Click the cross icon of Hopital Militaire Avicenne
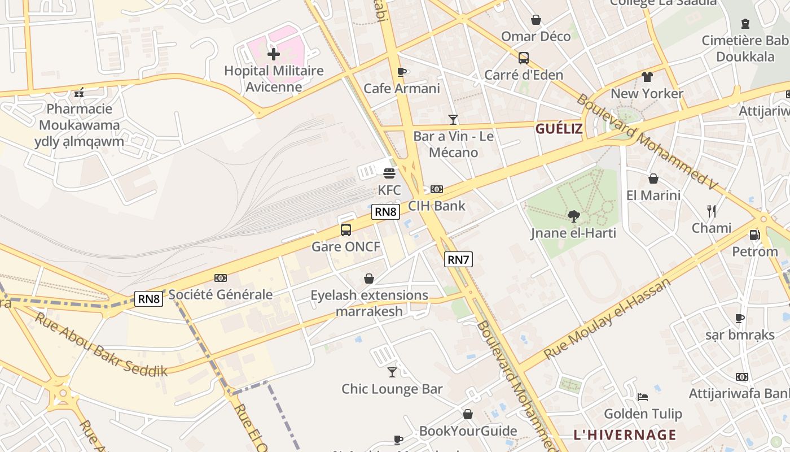pyautogui.click(x=274, y=54)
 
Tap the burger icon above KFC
pyautogui.click(x=389, y=173)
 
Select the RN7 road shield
pyautogui.click(x=458, y=259)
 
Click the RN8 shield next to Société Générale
pyautogui.click(x=149, y=299)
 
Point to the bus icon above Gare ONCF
pyautogui.click(x=346, y=230)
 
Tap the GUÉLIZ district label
pyautogui.click(x=559, y=129)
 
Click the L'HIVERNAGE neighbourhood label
pyautogui.click(x=625, y=434)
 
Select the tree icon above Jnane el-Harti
pyautogui.click(x=573, y=216)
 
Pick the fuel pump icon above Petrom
pyautogui.click(x=754, y=234)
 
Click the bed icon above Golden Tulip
pyautogui.click(x=643, y=397)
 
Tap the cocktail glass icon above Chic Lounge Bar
pyautogui.click(x=392, y=372)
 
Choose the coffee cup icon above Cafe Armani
pyautogui.click(x=402, y=72)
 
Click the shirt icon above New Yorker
pyautogui.click(x=647, y=77)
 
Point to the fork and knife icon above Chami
pyautogui.click(x=712, y=211)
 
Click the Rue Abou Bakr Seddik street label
pyautogui.click(x=102, y=344)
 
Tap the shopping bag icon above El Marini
pyautogui.click(x=653, y=179)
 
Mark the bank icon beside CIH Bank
pyautogui.click(x=437, y=189)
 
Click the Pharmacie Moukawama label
pyautogui.click(x=79, y=125)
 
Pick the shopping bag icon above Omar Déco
pyautogui.click(x=536, y=20)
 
